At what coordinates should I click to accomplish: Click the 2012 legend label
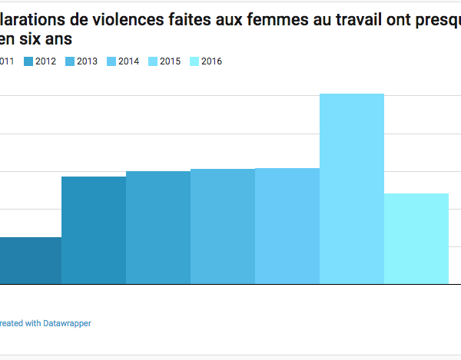click(46, 61)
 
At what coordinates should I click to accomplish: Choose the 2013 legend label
click(87, 61)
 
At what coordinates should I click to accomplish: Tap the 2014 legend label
click(129, 61)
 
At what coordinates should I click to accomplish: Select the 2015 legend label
click(171, 61)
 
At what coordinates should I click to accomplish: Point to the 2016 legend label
click(211, 61)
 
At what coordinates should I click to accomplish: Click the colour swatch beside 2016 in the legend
click(193, 61)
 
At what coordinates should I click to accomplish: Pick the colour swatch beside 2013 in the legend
click(69, 61)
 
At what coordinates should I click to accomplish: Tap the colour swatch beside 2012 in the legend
click(28, 61)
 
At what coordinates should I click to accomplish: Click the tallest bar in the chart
click(351, 189)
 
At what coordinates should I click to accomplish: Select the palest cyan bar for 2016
click(416, 239)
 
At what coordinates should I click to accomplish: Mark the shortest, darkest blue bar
click(30, 261)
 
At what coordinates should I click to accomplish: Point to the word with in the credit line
click(28, 324)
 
